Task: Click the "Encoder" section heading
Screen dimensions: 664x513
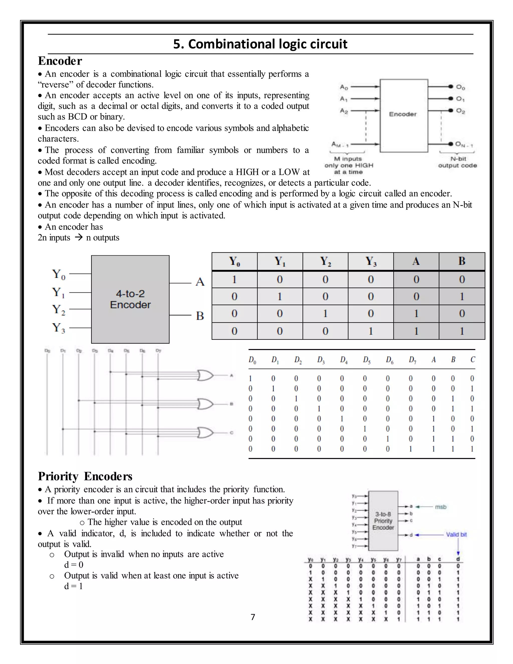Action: [60, 61]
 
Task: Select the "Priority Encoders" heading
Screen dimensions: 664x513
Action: [85, 476]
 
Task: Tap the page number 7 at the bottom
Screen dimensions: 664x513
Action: [253, 617]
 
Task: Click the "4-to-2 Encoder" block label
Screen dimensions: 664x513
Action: [130, 299]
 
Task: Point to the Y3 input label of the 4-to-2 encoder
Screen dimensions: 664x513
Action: [58, 328]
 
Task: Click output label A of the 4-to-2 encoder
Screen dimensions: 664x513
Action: [200, 282]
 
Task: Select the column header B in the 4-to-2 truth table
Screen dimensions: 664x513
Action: [462, 261]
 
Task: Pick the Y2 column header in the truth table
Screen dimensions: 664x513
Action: [325, 261]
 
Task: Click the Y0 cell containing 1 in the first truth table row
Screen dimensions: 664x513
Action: [234, 279]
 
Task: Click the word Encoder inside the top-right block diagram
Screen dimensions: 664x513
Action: [403, 114]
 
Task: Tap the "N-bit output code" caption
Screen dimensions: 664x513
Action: [457, 162]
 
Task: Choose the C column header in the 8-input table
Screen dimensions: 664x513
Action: [473, 360]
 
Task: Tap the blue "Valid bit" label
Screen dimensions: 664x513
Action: [456, 534]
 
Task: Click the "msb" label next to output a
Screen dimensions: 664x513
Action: [440, 507]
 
